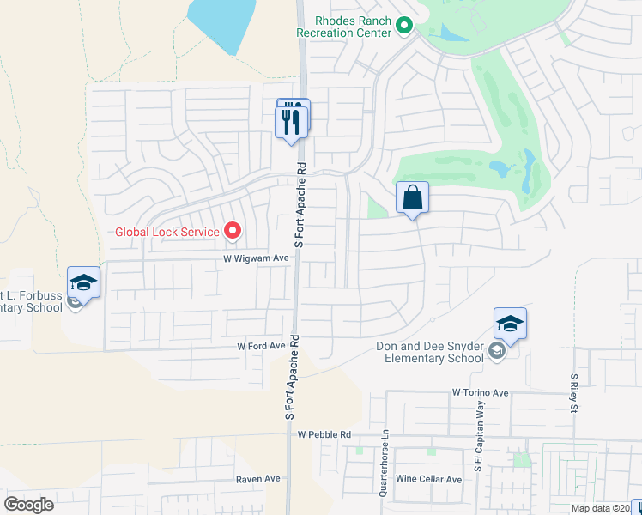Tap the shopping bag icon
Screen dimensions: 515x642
pyautogui.click(x=413, y=198)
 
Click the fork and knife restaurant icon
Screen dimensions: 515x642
pyautogui.click(x=293, y=119)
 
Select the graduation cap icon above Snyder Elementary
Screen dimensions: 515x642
pyautogui.click(x=510, y=324)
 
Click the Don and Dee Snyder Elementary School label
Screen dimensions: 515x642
pyautogui.click(x=430, y=352)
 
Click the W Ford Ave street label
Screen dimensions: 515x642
pyautogui.click(x=261, y=346)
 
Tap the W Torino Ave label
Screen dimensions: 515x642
pyautogui.click(x=481, y=392)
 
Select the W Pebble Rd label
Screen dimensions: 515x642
pyautogui.click(x=325, y=435)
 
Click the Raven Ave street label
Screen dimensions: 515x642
pyautogui.click(x=258, y=479)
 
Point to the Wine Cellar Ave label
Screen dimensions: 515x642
pyautogui.click(x=428, y=479)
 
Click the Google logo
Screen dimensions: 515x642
pyautogui.click(x=29, y=505)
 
